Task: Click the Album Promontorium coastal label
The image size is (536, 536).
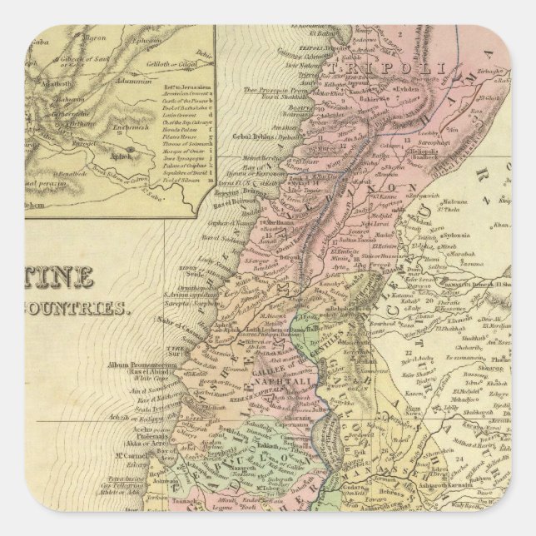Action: point(133,365)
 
